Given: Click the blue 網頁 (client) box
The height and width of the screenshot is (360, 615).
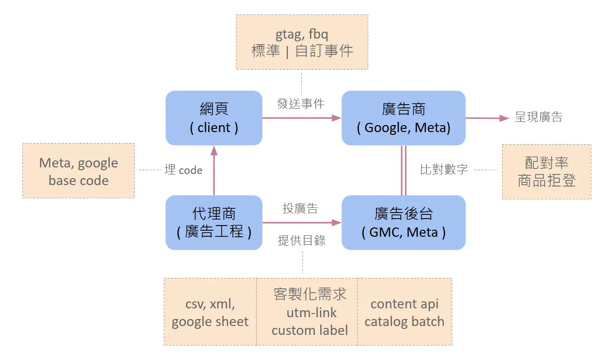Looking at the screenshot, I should tap(214, 118).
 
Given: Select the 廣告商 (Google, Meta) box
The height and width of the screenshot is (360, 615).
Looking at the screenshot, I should tap(403, 118).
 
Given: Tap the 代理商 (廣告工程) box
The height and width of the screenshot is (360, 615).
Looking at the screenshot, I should tap(214, 223).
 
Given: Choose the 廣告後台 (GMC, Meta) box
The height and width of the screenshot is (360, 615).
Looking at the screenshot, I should tap(403, 223).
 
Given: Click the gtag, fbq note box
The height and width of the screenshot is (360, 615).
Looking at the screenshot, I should tap(302, 42).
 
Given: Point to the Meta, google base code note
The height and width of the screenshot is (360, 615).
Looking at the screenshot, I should tap(79, 171).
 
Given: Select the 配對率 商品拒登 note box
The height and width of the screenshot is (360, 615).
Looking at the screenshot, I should tap(547, 172).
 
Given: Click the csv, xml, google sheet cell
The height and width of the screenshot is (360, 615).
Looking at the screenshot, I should tap(210, 313).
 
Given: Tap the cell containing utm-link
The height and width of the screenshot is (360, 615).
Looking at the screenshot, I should tap(310, 313).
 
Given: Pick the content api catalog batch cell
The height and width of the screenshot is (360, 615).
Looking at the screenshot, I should tap(404, 313).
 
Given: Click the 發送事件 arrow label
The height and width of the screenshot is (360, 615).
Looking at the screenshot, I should tap(300, 104).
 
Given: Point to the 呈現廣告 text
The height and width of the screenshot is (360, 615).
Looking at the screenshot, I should tap(538, 117).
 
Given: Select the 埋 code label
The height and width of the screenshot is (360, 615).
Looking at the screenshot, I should tap(184, 170).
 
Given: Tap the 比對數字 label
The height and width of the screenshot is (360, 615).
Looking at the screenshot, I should tap(444, 170).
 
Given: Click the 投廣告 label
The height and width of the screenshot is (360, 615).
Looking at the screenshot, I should tap(300, 209).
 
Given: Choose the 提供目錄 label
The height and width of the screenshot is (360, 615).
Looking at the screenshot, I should tap(302, 240).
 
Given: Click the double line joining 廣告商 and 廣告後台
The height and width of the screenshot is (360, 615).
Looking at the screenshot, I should tap(403, 171).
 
